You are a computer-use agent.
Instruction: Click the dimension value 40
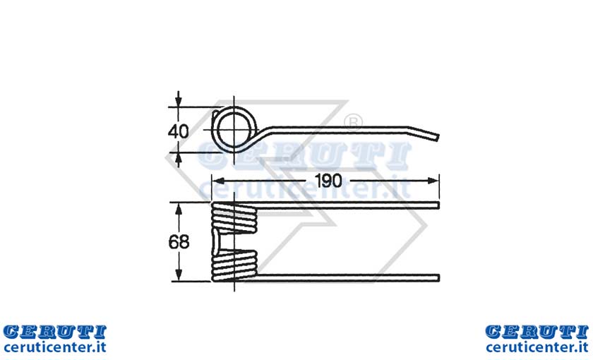pos(178,131)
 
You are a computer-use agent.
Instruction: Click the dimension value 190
pos(328,181)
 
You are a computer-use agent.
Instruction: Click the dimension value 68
pos(179,241)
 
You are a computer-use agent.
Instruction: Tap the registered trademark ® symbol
pos(353,121)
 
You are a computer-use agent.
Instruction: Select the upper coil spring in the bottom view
pos(234,218)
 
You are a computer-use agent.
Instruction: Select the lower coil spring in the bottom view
pos(234,266)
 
